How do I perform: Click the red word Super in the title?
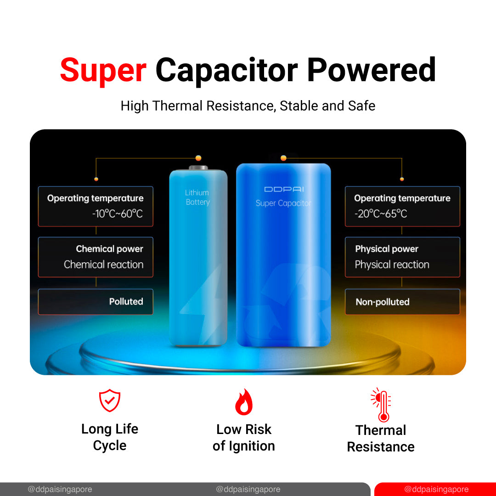coord(103,70)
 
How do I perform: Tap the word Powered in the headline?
coord(372,70)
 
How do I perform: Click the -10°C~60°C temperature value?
coord(118,214)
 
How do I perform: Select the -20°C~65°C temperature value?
coord(381,214)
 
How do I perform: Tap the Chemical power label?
coord(109,249)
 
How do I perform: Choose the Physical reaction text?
coord(392,265)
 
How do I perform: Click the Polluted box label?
coord(126,301)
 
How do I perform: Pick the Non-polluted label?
coord(383,302)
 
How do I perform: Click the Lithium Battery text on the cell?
coord(197,197)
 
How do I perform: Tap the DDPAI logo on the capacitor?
coord(284,189)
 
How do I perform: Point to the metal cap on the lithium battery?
coord(198,168)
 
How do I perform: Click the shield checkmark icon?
coord(109,400)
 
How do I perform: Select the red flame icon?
coord(244,402)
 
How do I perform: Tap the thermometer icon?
coord(381,405)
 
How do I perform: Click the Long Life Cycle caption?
coord(110,437)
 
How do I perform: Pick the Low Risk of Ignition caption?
coord(243,438)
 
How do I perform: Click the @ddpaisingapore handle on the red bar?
coord(436,489)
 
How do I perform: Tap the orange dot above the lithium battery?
coord(198,158)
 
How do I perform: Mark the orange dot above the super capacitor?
coord(283,158)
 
